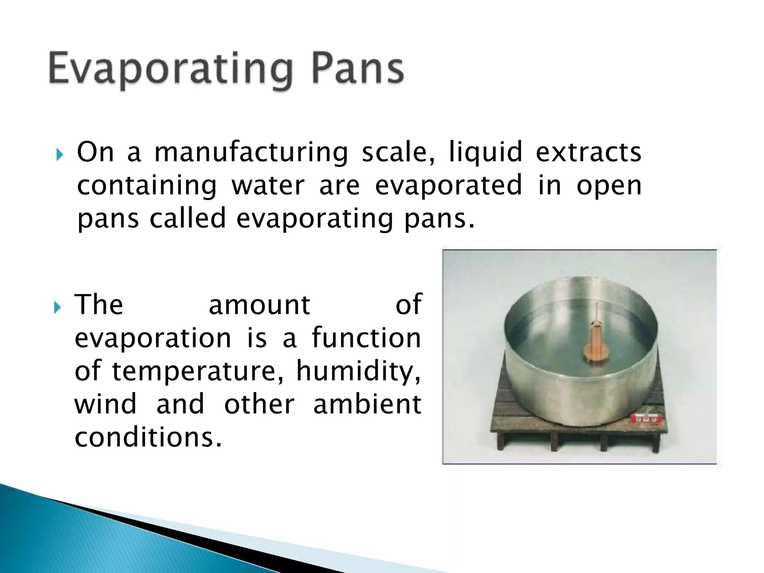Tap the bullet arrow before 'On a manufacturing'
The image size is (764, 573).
point(59,154)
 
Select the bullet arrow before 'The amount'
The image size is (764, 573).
point(57,308)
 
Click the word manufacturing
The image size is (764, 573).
point(251,153)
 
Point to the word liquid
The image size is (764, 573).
point(485,153)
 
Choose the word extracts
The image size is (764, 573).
point(588,153)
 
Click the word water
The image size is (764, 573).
point(268,185)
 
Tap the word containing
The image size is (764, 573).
point(147,185)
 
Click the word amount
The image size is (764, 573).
point(259,305)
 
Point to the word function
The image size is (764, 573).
point(366,338)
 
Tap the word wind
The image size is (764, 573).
point(106,404)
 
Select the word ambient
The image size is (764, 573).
point(367,404)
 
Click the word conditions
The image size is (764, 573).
point(148,437)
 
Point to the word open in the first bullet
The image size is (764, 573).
point(608,186)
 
